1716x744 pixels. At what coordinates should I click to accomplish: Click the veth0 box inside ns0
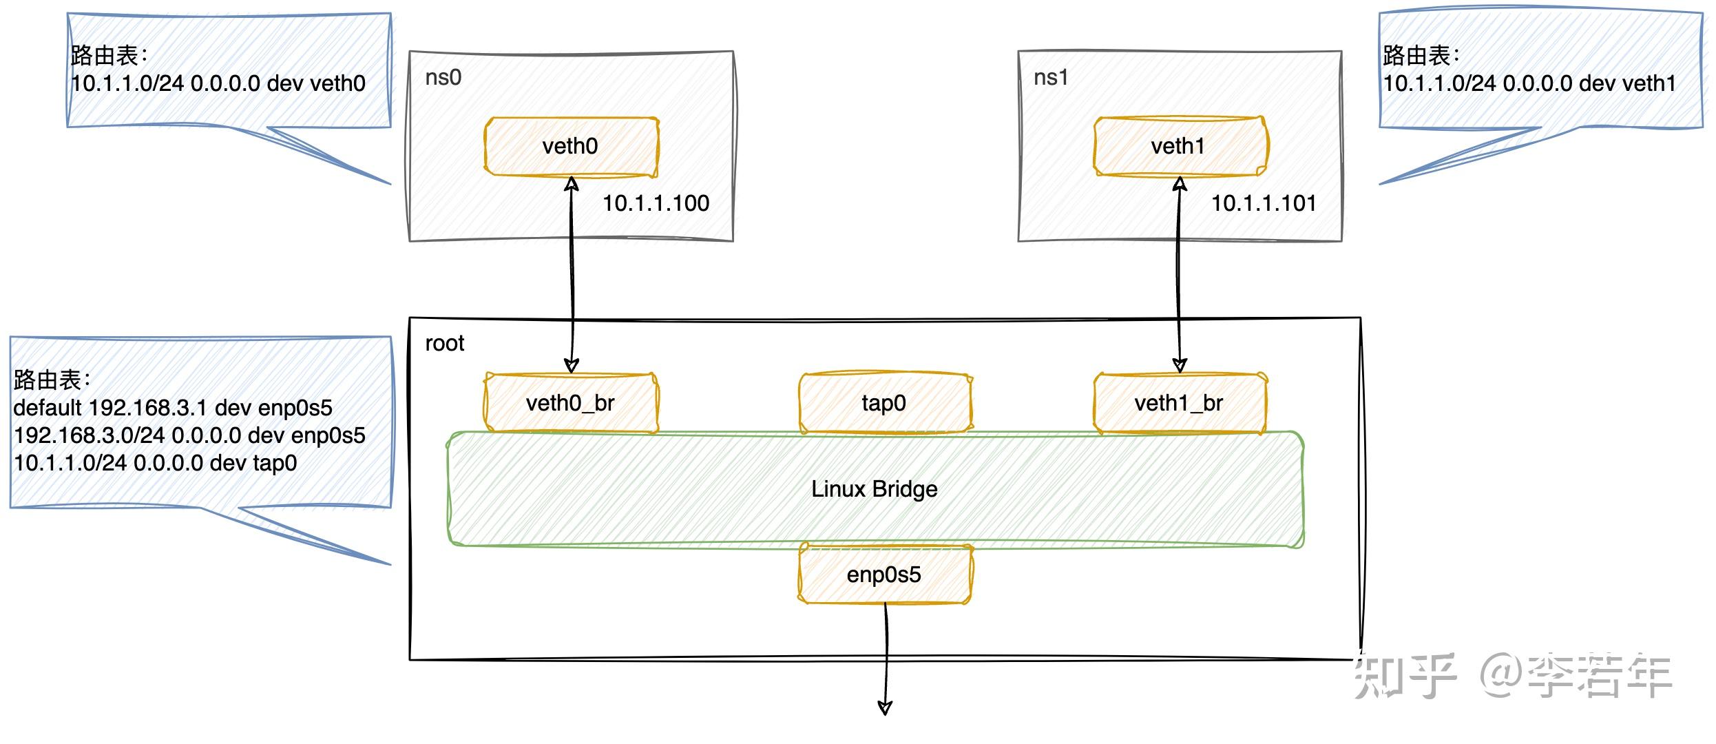(570, 146)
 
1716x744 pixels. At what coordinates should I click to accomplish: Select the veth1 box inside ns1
(1179, 146)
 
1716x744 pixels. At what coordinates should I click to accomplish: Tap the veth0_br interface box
(570, 403)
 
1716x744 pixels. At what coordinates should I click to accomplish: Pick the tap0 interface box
(884, 403)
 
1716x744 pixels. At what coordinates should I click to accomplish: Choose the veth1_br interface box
(1179, 403)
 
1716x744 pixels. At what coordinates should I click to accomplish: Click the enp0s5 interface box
(884, 575)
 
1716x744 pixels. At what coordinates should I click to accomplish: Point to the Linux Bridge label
(875, 489)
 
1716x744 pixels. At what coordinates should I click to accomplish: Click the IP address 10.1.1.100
(656, 203)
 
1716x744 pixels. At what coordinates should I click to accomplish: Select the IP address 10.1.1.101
(1264, 203)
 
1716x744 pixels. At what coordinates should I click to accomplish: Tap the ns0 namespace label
(443, 77)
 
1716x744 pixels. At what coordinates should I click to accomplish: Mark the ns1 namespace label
(1051, 77)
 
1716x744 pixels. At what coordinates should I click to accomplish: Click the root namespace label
(444, 343)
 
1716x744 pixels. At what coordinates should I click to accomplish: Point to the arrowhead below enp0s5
(886, 707)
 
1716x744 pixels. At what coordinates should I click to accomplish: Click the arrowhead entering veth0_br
(572, 365)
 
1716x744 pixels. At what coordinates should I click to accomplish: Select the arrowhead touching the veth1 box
(1180, 184)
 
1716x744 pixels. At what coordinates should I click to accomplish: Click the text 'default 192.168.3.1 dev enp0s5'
(173, 408)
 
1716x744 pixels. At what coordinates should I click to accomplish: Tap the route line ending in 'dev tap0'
(156, 463)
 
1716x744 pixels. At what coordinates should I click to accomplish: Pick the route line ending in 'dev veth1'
(1529, 83)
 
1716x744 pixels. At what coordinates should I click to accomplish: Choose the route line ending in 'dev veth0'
(218, 83)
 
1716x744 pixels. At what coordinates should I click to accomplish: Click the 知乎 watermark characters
(1405, 675)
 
